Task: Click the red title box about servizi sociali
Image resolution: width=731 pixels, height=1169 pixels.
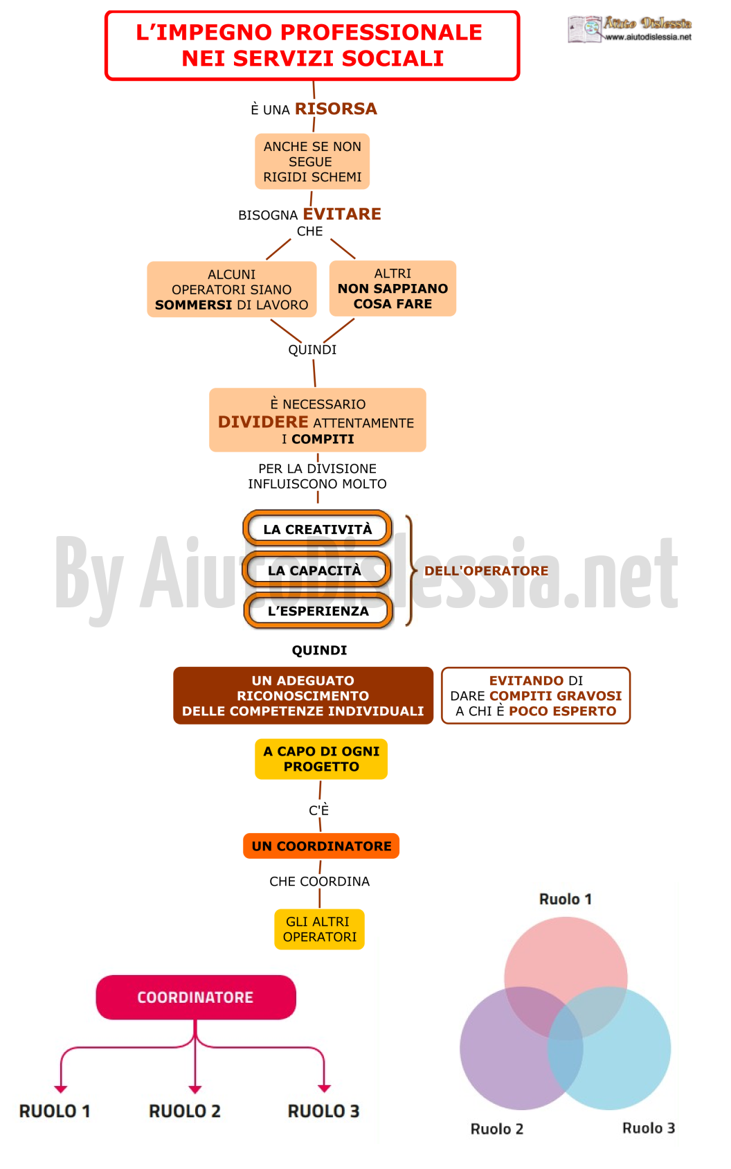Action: pyautogui.click(x=312, y=46)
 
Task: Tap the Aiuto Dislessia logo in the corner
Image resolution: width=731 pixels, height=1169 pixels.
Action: pyautogui.click(x=629, y=29)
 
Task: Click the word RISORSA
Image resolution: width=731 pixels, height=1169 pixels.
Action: pyautogui.click(x=336, y=109)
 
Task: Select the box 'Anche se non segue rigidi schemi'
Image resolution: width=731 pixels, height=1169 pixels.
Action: pyautogui.click(x=312, y=161)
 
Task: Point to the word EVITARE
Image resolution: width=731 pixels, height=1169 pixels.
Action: pyautogui.click(x=342, y=214)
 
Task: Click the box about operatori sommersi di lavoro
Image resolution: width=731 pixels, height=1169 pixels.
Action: pyautogui.click(x=232, y=289)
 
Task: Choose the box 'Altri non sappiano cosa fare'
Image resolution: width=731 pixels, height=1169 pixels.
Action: pyautogui.click(x=392, y=289)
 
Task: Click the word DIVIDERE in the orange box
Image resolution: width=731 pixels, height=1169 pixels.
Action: pyautogui.click(x=263, y=422)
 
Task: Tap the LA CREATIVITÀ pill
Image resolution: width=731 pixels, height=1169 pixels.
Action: pyautogui.click(x=317, y=528)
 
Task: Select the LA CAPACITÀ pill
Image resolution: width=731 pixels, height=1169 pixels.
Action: pyautogui.click(x=316, y=570)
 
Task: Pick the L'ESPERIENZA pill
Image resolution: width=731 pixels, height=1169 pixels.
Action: pyautogui.click(x=318, y=611)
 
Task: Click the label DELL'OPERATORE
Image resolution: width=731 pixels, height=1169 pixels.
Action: pyautogui.click(x=486, y=571)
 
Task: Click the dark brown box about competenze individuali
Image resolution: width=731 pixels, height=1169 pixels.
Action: pyautogui.click(x=303, y=695)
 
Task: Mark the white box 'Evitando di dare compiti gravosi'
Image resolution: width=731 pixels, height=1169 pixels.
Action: pyautogui.click(x=536, y=695)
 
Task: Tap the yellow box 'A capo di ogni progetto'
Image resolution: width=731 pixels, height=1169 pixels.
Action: pyautogui.click(x=321, y=759)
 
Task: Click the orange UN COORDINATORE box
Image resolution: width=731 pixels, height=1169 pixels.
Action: pyautogui.click(x=321, y=846)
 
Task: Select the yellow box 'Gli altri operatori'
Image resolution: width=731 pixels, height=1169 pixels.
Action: pyautogui.click(x=319, y=929)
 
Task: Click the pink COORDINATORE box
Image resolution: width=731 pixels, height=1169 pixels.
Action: pyautogui.click(x=196, y=997)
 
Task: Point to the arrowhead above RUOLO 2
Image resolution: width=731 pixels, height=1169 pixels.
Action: pyautogui.click(x=195, y=1089)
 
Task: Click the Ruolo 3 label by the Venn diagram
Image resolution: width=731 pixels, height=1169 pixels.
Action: pyautogui.click(x=649, y=1128)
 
